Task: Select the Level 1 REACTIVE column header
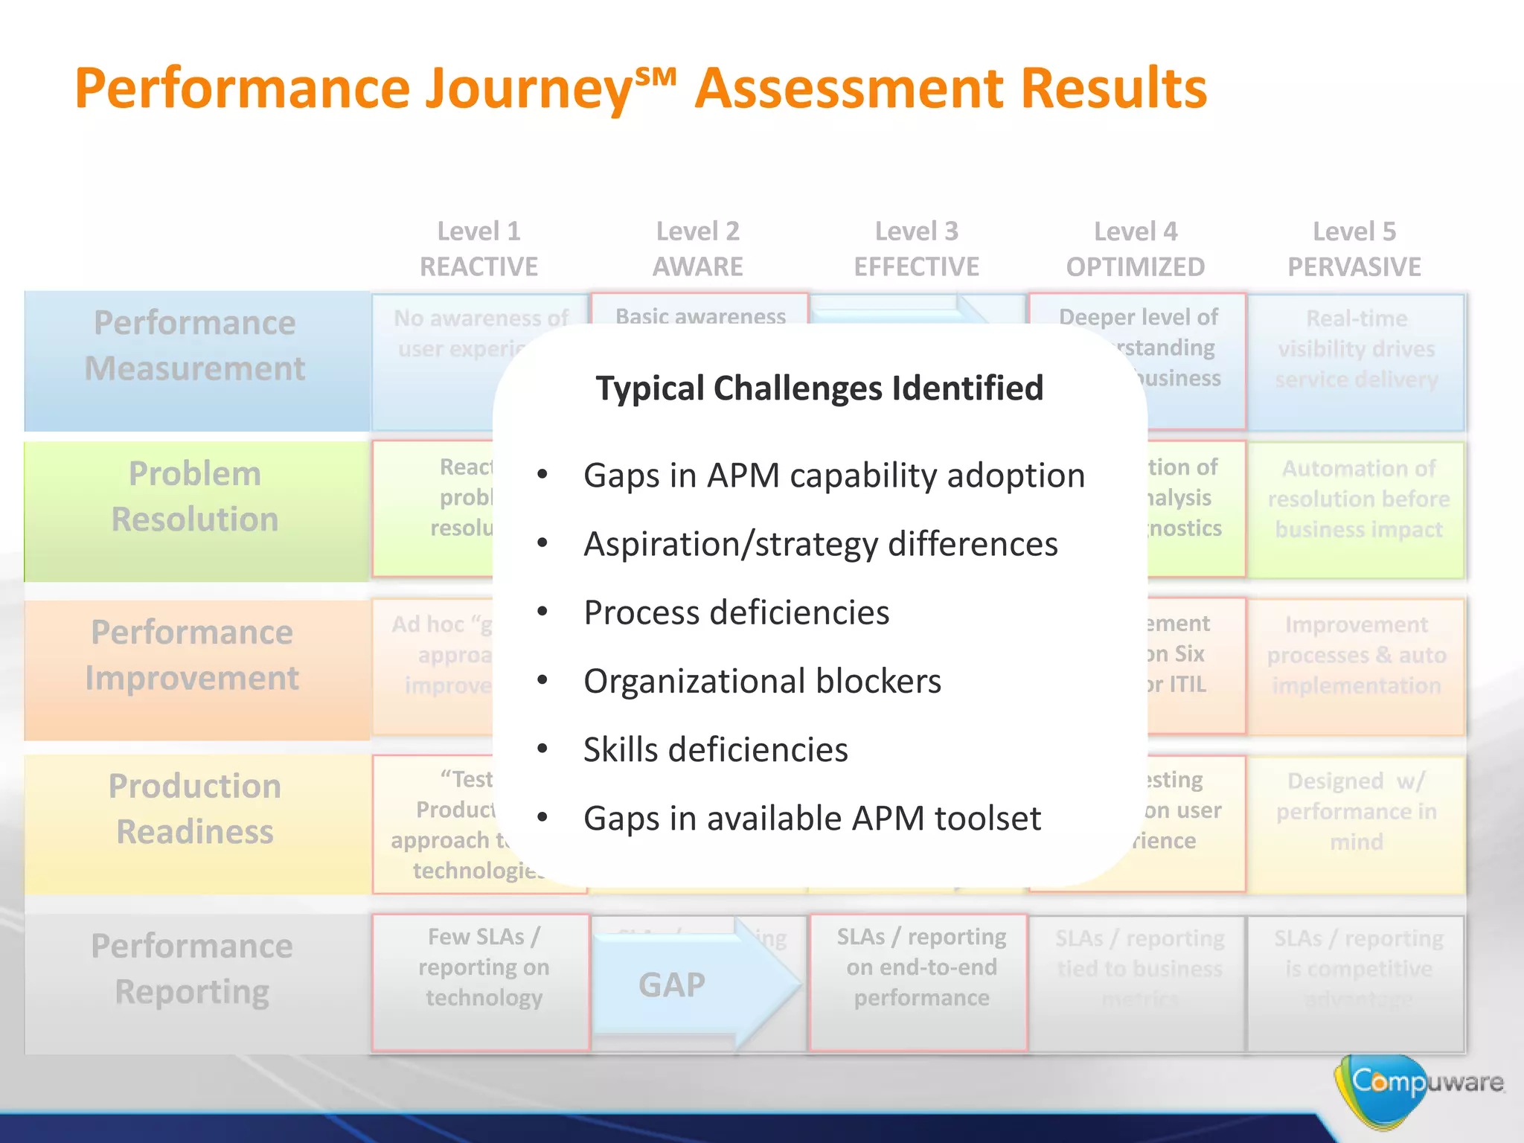[x=478, y=249]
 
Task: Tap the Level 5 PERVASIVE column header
[x=1354, y=249]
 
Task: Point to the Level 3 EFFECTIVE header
[x=916, y=249]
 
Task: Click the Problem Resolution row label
[x=195, y=496]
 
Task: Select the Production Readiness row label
[x=195, y=808]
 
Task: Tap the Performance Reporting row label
[x=192, y=968]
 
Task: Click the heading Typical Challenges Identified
[x=819, y=388]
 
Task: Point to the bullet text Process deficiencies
[x=736, y=612]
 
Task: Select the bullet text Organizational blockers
[x=762, y=681]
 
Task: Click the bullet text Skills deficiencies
[x=715, y=749]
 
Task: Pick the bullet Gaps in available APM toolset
[x=812, y=818]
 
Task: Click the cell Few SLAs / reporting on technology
[x=483, y=967]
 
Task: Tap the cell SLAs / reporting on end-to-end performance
[x=921, y=967]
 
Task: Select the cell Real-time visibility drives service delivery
[x=1356, y=349]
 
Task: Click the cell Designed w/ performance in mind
[x=1356, y=811]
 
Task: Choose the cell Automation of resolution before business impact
[x=1358, y=499]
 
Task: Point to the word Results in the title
[x=1113, y=89]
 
